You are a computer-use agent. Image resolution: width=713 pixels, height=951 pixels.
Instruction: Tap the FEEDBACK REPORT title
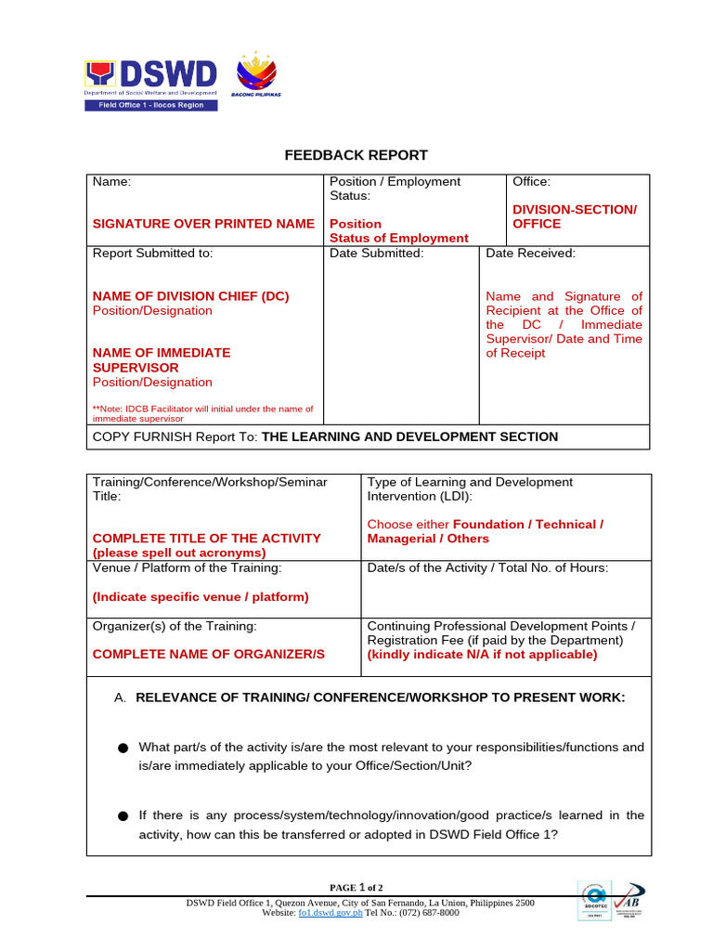pos(356,155)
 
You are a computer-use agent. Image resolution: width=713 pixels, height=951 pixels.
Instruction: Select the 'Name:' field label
pos(111,182)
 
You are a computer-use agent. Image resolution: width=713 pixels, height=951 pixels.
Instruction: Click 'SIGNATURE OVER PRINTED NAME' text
pos(203,224)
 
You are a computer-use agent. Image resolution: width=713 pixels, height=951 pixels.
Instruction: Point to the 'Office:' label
pos(531,182)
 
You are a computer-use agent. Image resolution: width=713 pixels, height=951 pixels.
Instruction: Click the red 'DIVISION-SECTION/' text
pos(575,210)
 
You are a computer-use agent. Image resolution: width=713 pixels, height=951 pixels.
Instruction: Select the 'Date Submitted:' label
pos(377,253)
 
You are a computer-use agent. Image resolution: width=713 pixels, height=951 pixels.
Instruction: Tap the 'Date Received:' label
pos(530,253)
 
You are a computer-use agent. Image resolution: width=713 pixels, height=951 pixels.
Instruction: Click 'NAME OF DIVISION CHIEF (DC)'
pos(190,296)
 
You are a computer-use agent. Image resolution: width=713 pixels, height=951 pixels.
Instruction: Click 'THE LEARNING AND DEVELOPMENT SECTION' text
pos(410,436)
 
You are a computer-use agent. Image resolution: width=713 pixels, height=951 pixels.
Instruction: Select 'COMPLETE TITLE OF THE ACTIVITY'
pos(206,538)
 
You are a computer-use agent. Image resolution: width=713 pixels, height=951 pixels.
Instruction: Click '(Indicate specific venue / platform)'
pos(201,597)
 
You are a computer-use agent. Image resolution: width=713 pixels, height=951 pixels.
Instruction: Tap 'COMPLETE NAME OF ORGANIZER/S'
pos(208,654)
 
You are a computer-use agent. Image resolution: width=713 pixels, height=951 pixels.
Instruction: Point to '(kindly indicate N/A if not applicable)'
pos(482,654)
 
